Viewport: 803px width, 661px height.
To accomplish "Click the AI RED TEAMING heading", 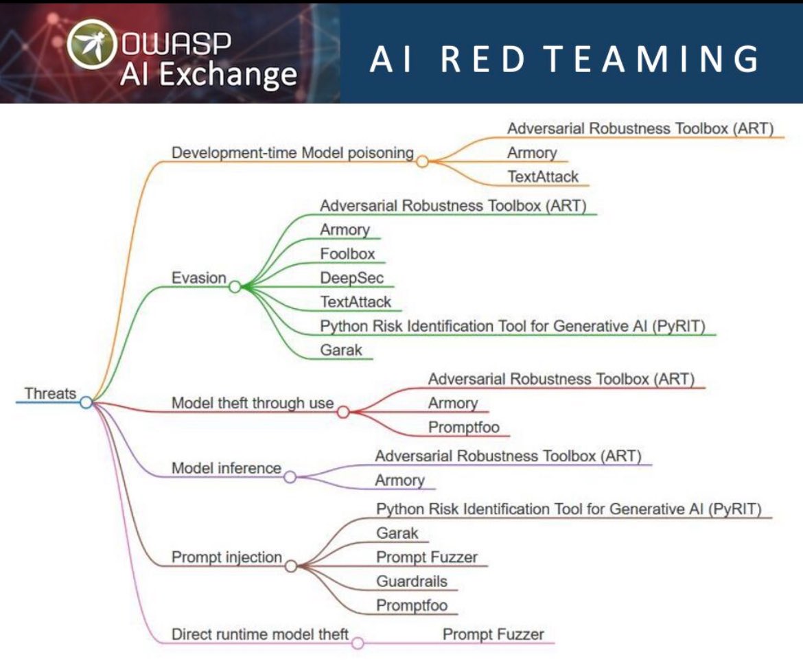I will point(565,60).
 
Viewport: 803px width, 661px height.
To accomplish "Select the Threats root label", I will point(50,394).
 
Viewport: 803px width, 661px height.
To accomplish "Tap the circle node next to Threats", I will point(86,402).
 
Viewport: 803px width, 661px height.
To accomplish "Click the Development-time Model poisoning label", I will point(292,153).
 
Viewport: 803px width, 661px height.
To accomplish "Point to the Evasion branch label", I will point(198,278).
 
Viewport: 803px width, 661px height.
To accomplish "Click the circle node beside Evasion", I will point(235,286).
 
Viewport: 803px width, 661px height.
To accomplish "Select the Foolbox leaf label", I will point(347,254).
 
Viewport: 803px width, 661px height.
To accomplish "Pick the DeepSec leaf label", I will point(352,278).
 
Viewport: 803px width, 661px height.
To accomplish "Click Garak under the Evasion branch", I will point(341,350).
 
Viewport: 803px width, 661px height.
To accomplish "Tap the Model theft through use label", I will point(253,404).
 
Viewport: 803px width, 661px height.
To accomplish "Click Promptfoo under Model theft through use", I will point(464,427).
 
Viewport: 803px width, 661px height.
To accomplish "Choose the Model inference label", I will point(226,468).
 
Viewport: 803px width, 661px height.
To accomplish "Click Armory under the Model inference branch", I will point(399,480).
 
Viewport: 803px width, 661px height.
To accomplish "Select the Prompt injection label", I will point(226,557).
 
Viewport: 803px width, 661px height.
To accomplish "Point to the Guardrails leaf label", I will point(412,581).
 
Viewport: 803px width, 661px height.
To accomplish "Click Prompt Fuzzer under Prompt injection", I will point(427,557).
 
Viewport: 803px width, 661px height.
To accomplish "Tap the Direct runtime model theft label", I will point(260,634).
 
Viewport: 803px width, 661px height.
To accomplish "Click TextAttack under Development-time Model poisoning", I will point(543,176).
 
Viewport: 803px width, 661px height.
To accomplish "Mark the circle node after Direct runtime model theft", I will point(358,642).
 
